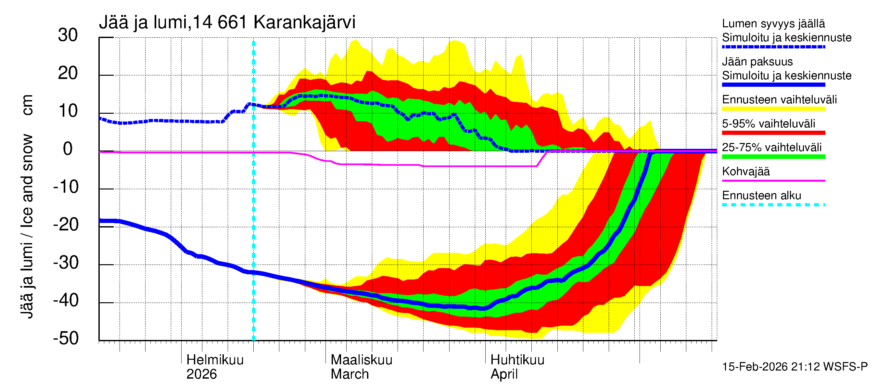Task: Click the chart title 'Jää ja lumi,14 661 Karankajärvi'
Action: pyautogui.click(x=227, y=22)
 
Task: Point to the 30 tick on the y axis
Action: pyautogui.click(x=68, y=35)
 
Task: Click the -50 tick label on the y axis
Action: pyautogui.click(x=66, y=339)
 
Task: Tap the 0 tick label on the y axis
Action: pyautogui.click(x=68, y=149)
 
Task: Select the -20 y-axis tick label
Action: pyautogui.click(x=66, y=225)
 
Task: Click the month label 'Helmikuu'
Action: pyautogui.click(x=215, y=360)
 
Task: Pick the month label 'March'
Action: pyautogui.click(x=350, y=374)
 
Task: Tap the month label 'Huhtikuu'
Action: pyautogui.click(x=517, y=360)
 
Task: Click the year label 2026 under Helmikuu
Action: pyautogui.click(x=201, y=374)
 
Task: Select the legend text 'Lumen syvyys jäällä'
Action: pyautogui.click(x=773, y=24)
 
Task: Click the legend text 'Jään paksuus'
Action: pyautogui.click(x=757, y=62)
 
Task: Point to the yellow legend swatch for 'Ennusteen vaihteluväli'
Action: pyautogui.click(x=773, y=109)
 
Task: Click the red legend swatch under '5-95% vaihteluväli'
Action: pyautogui.click(x=773, y=133)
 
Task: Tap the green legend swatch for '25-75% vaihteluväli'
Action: pyautogui.click(x=773, y=157)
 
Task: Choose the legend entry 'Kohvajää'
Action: pyautogui.click(x=745, y=172)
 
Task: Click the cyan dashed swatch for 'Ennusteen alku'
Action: pyautogui.click(x=773, y=205)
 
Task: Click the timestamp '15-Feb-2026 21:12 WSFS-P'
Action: pyautogui.click(x=794, y=367)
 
